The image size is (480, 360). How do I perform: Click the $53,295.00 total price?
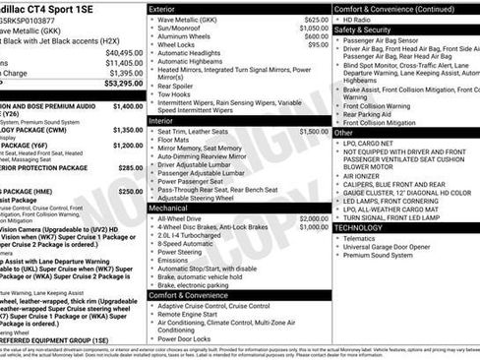(118, 84)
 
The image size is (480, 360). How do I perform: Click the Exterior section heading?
(168, 8)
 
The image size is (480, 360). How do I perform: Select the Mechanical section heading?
(171, 208)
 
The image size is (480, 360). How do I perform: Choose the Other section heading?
(344, 132)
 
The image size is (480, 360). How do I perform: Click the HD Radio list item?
(360, 20)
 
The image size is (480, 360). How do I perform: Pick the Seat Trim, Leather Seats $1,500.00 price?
(314, 131)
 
